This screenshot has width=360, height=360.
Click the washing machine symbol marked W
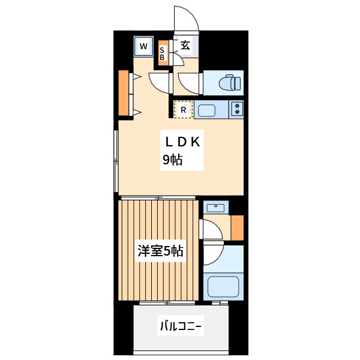tap(143, 46)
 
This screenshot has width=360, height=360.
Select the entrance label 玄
tap(185, 46)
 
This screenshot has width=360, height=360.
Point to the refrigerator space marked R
tap(182, 110)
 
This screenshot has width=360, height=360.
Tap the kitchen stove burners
tap(237, 109)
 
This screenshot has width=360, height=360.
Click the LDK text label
tap(186, 142)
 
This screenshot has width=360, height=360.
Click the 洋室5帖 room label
tap(160, 251)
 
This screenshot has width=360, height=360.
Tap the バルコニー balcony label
tap(181, 327)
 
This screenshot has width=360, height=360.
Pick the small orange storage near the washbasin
tap(238, 227)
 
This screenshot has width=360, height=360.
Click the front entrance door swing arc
tap(186, 18)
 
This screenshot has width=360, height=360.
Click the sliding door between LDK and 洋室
tap(159, 197)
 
